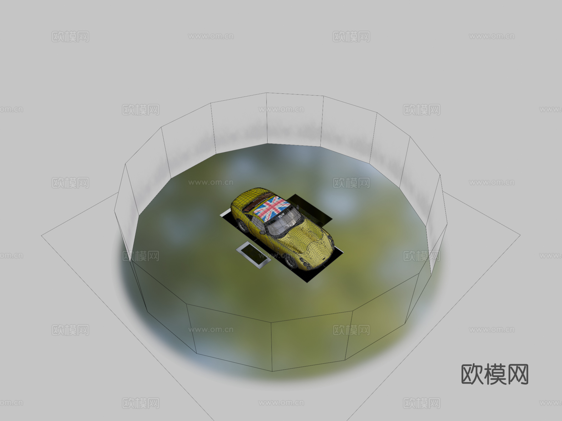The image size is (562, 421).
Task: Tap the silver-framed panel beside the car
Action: click(x=253, y=254)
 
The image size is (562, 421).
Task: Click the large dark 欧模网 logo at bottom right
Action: click(x=495, y=374)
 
